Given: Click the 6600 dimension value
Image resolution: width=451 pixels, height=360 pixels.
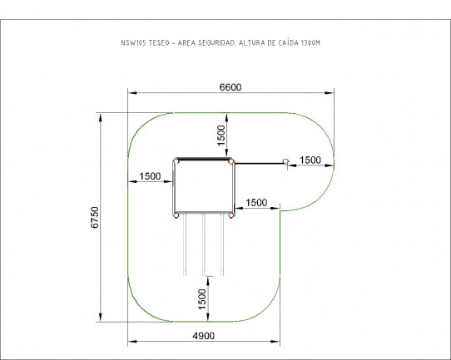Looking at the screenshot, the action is (230, 87).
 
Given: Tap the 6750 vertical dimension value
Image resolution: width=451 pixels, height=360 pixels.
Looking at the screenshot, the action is (95, 217).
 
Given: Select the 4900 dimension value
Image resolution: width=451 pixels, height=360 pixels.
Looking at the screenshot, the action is (203, 336).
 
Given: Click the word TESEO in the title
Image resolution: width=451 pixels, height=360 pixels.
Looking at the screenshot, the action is (159, 43).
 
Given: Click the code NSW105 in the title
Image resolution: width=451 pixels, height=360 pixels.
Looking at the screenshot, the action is (133, 43).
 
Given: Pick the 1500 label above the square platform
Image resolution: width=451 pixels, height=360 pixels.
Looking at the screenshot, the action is (221, 136).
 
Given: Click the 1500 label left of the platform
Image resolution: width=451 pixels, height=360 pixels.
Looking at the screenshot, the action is (150, 176).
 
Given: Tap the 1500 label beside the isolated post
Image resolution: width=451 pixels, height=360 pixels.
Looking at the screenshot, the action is (310, 160).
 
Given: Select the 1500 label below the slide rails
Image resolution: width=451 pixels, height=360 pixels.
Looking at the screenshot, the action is (202, 299).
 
